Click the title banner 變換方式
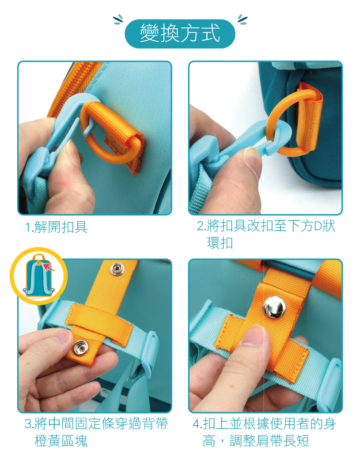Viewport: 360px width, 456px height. point(180,34)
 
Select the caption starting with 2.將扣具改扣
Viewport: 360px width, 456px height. point(266,234)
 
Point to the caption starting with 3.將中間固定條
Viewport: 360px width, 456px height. point(96,432)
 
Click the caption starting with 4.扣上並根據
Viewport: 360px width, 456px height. point(264,432)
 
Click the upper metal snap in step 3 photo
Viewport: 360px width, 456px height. point(117,269)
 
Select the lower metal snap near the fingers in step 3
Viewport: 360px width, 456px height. point(80,348)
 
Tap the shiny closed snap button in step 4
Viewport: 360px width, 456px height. point(274,307)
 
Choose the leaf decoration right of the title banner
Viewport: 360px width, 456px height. point(242,19)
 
